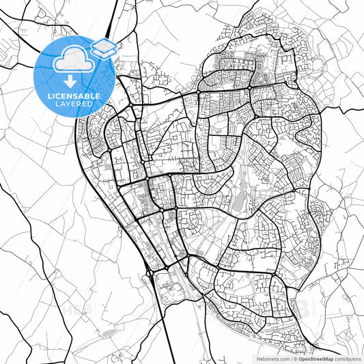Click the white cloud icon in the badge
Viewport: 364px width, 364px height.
(x=75, y=60)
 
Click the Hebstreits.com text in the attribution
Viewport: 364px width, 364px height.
(x=272, y=358)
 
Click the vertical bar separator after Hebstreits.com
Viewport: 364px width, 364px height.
(x=292, y=358)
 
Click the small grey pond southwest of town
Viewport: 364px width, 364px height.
(x=109, y=333)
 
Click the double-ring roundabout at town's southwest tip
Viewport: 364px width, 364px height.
(x=149, y=274)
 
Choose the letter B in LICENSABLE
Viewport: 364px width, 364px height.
(x=91, y=96)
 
